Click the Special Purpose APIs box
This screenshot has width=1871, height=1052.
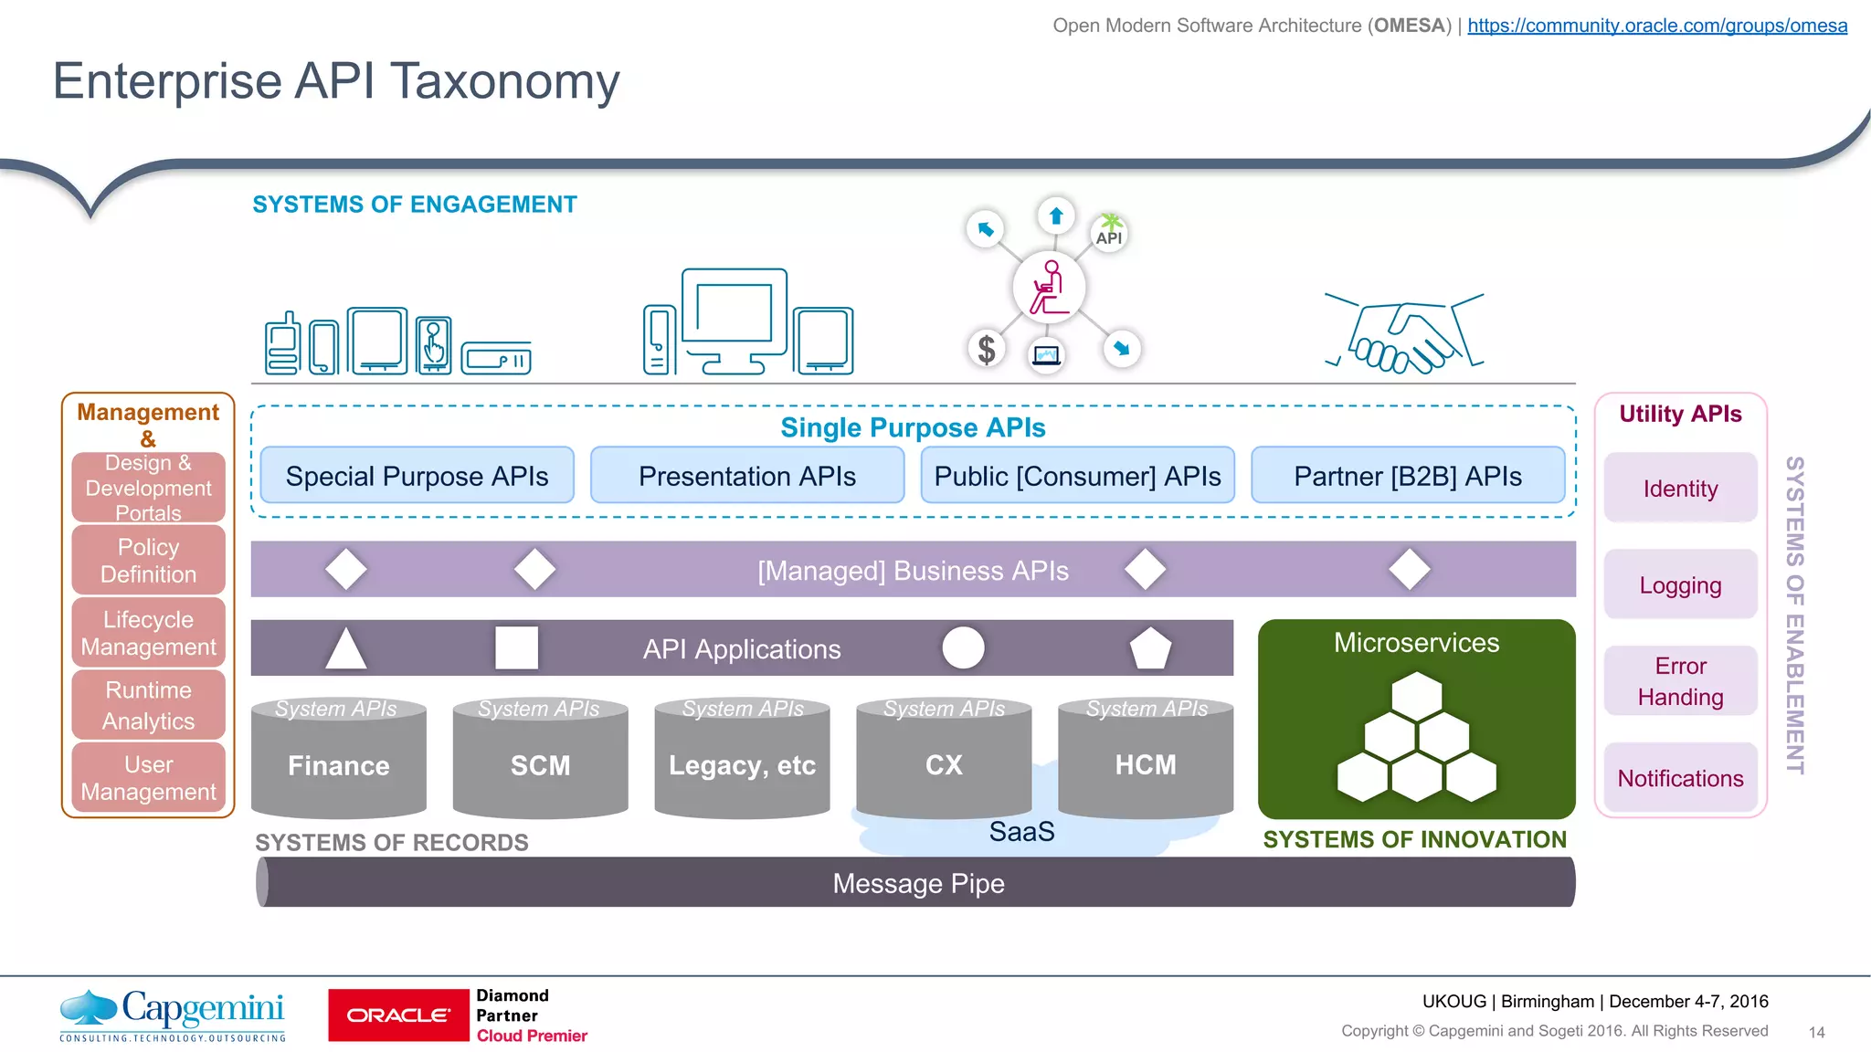pos(417,476)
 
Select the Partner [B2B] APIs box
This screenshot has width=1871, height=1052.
pos(1407,476)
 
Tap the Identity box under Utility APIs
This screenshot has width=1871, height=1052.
pos(1680,489)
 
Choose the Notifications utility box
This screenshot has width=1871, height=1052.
pos(1680,778)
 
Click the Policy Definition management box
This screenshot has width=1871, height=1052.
pos(148,561)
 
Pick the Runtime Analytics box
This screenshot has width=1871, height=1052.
pos(148,705)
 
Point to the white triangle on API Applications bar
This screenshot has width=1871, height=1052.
pos(345,650)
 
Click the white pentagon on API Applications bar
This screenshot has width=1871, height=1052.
pos(1149,648)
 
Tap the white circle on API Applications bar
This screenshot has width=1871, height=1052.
pos(963,648)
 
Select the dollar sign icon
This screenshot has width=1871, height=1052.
pos(986,349)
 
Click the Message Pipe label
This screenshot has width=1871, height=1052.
pos(918,883)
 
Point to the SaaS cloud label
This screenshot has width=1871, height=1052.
pos(1021,832)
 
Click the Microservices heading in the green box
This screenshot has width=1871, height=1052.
pos(1416,643)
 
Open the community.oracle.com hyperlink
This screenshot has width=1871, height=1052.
pos(1657,26)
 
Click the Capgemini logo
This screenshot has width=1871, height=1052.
pos(174,1014)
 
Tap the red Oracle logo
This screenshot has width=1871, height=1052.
pos(398,1015)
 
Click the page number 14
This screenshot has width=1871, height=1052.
pos(1816,1033)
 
